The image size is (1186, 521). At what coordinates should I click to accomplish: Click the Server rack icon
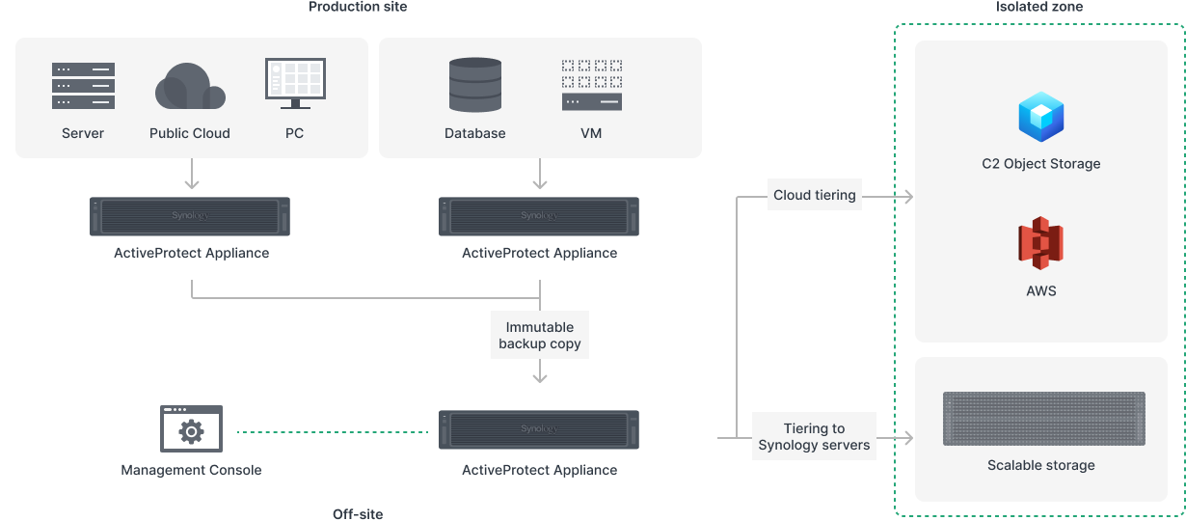(83, 86)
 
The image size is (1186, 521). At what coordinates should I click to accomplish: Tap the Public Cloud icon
(190, 87)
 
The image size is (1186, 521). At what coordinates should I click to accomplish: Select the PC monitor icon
(294, 84)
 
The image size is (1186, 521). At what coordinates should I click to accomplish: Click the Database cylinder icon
(475, 85)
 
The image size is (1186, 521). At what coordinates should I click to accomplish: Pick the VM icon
(591, 85)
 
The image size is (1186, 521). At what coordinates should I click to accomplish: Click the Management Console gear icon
(191, 428)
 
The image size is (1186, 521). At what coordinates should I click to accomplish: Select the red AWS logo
(1040, 244)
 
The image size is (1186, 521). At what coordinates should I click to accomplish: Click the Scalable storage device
(1043, 419)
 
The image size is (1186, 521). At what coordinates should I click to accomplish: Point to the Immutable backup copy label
(540, 336)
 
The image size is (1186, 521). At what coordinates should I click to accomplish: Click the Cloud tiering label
(815, 195)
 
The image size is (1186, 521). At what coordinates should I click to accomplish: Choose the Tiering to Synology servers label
(814, 437)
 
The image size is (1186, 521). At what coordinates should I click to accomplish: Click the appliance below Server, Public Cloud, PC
(190, 216)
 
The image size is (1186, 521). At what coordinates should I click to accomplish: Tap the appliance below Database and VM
(539, 216)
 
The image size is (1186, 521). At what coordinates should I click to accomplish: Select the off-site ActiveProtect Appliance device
(539, 429)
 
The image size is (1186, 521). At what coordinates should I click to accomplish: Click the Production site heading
(358, 7)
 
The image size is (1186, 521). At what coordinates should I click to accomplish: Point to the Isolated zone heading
(1038, 7)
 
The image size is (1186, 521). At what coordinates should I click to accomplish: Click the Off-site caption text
(358, 513)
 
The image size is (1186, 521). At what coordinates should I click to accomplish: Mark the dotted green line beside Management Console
(333, 432)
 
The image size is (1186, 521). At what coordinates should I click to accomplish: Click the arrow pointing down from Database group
(540, 174)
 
